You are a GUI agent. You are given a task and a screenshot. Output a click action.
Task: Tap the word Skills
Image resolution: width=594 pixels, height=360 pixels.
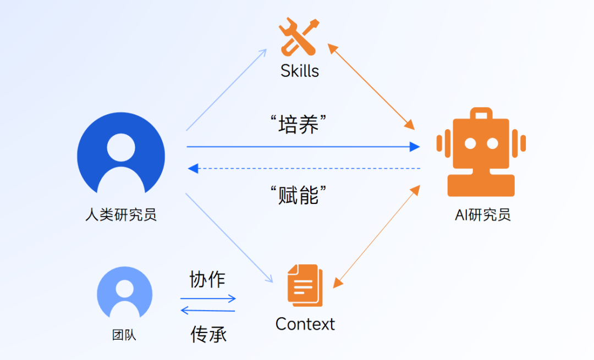coord(300,71)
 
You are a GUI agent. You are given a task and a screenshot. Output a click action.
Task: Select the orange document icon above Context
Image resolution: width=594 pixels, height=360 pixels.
coord(305,285)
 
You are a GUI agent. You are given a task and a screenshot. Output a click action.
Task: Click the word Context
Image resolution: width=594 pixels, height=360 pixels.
coord(305,324)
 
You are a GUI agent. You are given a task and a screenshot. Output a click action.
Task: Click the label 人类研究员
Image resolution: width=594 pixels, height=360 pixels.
coord(121,214)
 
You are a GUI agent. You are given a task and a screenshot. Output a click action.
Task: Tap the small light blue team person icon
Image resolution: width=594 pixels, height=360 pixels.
coord(124,292)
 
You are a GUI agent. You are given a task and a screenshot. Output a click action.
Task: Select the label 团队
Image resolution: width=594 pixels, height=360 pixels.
coord(124,335)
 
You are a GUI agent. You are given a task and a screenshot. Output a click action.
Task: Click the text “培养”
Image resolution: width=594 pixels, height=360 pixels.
coord(299,125)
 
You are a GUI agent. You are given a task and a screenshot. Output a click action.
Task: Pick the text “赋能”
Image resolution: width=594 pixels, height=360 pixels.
coord(299,195)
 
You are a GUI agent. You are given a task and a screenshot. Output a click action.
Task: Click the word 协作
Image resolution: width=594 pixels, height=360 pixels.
coord(207,279)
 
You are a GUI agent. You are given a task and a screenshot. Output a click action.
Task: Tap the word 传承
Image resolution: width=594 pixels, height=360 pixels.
coord(208,334)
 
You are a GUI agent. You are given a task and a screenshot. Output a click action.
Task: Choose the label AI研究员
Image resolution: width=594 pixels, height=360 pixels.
coord(482,214)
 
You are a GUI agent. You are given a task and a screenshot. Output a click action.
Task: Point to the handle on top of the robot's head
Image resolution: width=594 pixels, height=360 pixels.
coord(481,114)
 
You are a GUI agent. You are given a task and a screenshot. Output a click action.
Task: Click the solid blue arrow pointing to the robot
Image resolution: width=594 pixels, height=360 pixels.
coord(302,147)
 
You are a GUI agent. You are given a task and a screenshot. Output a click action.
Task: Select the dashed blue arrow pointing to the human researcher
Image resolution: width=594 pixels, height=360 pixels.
coord(302,168)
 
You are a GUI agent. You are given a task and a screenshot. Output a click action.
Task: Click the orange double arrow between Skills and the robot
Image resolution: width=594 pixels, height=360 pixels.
coord(371,86)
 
